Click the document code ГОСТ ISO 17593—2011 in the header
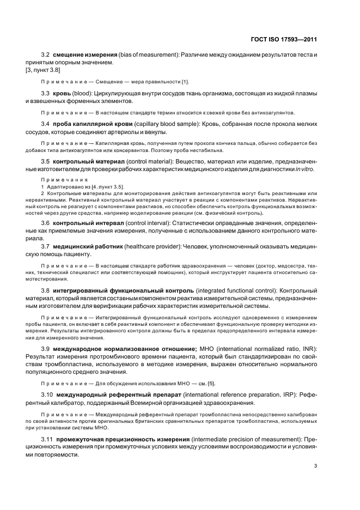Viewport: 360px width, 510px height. point(285,39)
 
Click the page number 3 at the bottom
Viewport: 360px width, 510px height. point(315,465)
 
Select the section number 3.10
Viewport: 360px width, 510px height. point(47,393)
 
